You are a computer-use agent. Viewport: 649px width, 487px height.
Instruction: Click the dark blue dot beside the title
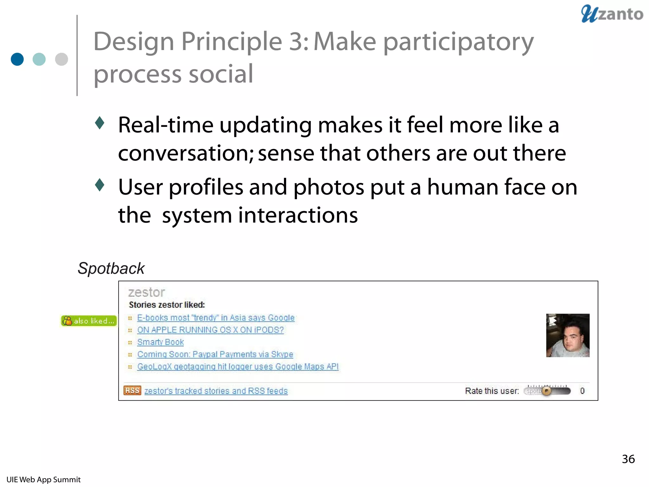click(17, 59)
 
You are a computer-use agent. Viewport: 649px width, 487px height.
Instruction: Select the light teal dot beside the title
click(39, 59)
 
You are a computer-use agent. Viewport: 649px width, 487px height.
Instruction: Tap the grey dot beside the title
click(61, 59)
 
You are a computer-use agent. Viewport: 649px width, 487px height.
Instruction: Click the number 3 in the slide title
click(296, 42)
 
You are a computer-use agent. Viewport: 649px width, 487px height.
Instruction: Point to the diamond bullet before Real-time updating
click(100, 123)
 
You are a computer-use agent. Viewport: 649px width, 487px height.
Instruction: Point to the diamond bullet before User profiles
click(100, 185)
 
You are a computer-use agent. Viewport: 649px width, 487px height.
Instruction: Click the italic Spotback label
click(111, 269)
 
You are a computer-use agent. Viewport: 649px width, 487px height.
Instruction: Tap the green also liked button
click(89, 321)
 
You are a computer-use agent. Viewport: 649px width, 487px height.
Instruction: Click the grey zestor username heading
click(146, 292)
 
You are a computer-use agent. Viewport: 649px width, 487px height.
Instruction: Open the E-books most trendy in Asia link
click(215, 318)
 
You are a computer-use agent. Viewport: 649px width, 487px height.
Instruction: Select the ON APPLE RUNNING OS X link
click(210, 330)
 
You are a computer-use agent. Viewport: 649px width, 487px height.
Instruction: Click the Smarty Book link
click(160, 342)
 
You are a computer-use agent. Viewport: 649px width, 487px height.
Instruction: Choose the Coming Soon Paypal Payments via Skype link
click(215, 354)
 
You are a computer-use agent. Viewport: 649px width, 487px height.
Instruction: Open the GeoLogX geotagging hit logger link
click(238, 367)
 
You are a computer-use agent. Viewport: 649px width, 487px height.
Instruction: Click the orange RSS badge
click(132, 391)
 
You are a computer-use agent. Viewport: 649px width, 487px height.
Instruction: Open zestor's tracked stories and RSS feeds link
click(216, 391)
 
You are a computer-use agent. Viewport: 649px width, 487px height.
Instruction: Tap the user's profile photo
click(568, 335)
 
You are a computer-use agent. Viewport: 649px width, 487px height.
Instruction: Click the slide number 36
click(628, 459)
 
